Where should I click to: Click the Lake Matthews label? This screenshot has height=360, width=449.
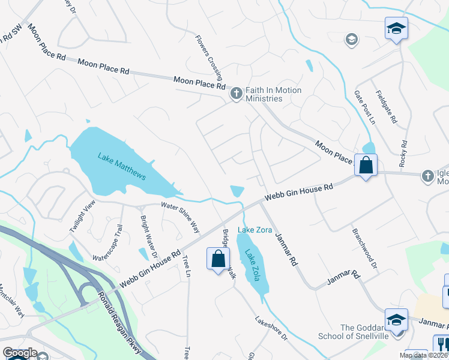click(x=122, y=166)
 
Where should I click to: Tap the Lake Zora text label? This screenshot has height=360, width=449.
click(x=256, y=230)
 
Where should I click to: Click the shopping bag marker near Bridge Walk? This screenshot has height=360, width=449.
click(x=218, y=259)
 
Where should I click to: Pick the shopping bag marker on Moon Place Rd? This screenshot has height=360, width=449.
click(x=366, y=165)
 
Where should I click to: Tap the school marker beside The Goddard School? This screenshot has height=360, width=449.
click(x=396, y=320)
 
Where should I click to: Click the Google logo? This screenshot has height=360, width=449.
click(x=19, y=353)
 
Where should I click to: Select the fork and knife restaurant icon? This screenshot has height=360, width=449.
click(x=441, y=343)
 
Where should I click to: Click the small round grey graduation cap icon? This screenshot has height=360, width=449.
click(x=351, y=40)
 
